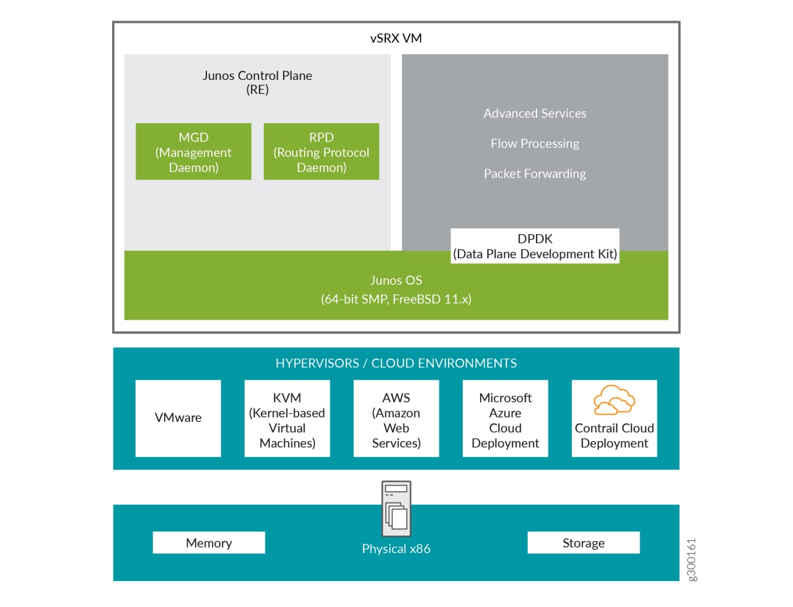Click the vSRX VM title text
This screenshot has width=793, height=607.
click(x=396, y=38)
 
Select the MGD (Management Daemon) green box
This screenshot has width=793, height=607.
click(x=193, y=152)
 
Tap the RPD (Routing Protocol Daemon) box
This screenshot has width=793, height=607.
click(x=321, y=152)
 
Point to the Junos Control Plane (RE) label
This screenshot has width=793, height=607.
click(x=257, y=82)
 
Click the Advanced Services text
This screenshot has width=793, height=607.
click(x=535, y=113)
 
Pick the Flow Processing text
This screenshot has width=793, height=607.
click(x=535, y=144)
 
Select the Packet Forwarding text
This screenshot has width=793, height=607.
click(x=535, y=174)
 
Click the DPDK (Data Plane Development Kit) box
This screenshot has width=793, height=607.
click(x=535, y=246)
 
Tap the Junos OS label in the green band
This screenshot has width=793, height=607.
click(x=396, y=281)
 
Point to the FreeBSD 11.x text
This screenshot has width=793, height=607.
click(x=431, y=299)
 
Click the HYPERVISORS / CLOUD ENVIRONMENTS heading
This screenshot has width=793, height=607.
click(x=396, y=364)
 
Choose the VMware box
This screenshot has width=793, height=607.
click(x=178, y=418)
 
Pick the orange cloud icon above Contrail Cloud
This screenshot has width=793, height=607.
click(x=614, y=400)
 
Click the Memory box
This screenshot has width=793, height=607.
click(x=209, y=543)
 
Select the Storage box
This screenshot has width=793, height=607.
click(x=583, y=543)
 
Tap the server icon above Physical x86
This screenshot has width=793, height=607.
click(x=396, y=509)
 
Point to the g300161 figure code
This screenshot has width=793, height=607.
click(x=692, y=559)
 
